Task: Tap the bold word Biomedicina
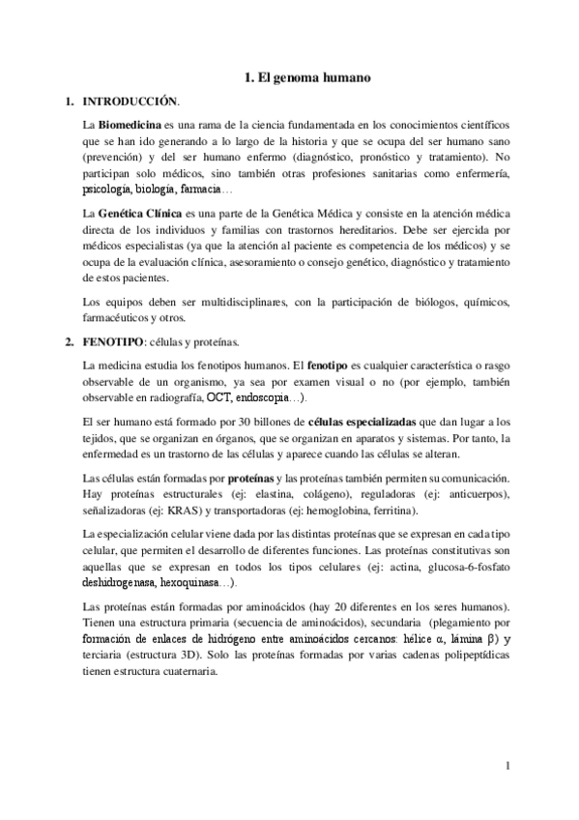[129, 126]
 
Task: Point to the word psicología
[107, 188]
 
